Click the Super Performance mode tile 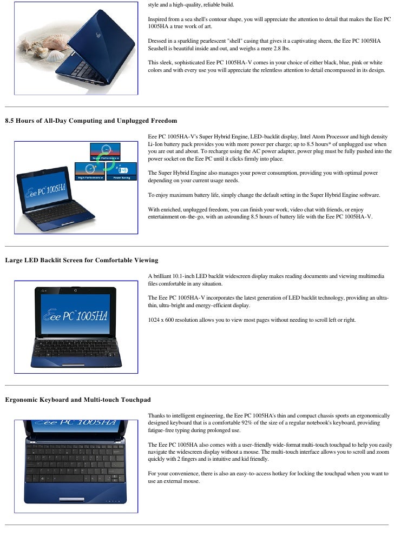click(105, 151)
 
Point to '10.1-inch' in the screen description click(183, 276)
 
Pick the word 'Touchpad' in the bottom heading click(134, 400)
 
